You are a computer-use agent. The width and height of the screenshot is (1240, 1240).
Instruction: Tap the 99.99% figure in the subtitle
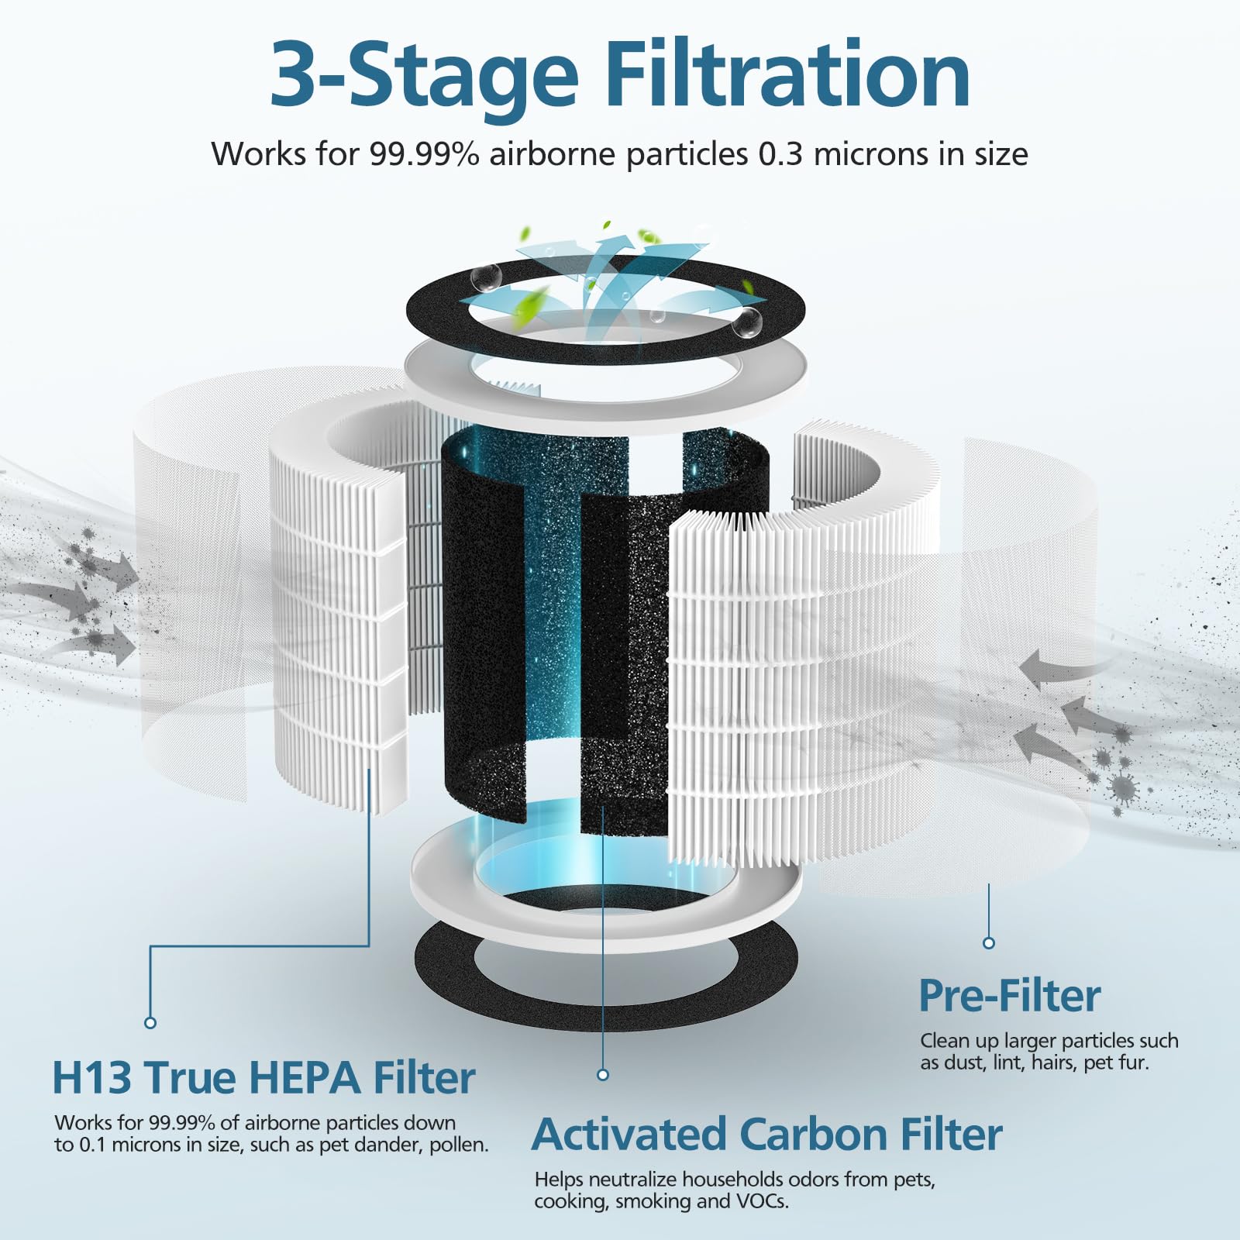pos(425,154)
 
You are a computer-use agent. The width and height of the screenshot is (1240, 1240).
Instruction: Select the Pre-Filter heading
pos(1009,996)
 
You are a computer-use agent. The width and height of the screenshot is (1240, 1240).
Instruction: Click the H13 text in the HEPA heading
pos(91,1078)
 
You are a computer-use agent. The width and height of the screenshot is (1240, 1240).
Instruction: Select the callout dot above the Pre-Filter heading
pos(988,943)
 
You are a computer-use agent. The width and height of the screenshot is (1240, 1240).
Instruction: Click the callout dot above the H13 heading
pos(150,1023)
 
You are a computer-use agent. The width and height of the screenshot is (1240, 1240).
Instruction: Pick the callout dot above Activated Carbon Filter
pos(603,1075)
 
